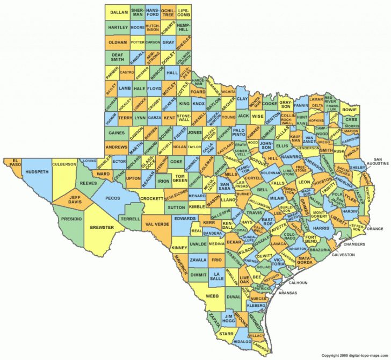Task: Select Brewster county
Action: [x=102, y=227]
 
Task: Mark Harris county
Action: [x=321, y=228]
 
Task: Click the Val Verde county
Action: [x=157, y=224]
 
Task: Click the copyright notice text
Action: [x=354, y=356]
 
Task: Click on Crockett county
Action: [x=151, y=198]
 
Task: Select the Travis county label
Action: [x=255, y=213]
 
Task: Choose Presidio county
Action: [x=71, y=219]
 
